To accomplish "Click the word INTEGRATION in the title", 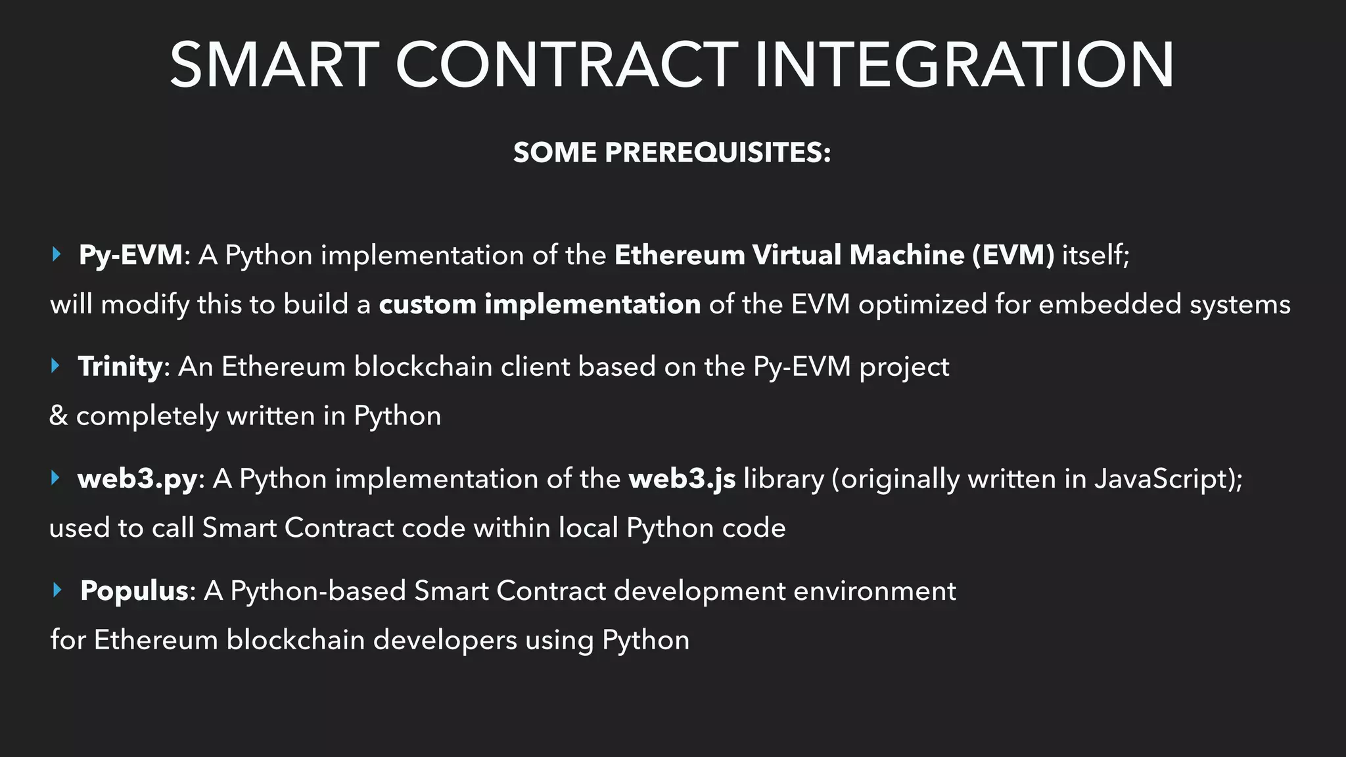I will coord(963,65).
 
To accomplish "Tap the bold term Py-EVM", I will coord(131,255).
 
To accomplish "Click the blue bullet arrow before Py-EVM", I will coord(57,254).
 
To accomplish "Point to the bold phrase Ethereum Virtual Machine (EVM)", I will coord(834,255).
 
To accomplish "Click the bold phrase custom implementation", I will coord(540,304).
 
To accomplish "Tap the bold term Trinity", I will coord(120,367).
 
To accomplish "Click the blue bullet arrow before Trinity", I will coord(56,365).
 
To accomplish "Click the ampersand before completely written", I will coord(58,416).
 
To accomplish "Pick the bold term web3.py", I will coord(137,478).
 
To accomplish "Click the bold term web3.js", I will coord(682,478).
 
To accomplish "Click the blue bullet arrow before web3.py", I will coord(56,478).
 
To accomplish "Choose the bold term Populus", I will coord(135,591).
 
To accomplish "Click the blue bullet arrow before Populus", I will coord(57,589).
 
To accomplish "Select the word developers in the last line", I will coord(445,640).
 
